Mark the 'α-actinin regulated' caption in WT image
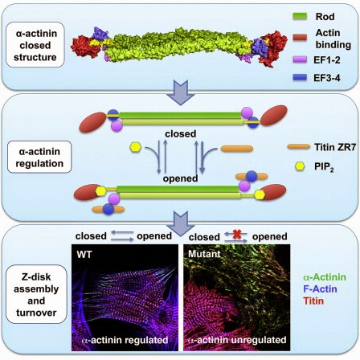click(x=121, y=341)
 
